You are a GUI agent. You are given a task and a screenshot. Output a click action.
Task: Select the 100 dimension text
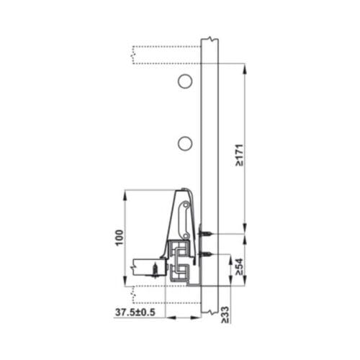pyautogui.click(x=118, y=238)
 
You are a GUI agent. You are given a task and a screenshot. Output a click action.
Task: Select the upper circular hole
pyautogui.click(x=185, y=81)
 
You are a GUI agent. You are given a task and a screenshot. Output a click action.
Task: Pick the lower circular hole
pyautogui.click(x=185, y=143)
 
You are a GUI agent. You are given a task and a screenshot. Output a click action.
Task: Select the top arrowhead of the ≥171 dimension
pyautogui.click(x=246, y=68)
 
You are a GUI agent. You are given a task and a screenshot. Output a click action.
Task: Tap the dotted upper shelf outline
pyautogui.click(x=166, y=55)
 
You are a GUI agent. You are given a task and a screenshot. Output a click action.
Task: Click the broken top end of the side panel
pyautogui.click(x=208, y=39)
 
